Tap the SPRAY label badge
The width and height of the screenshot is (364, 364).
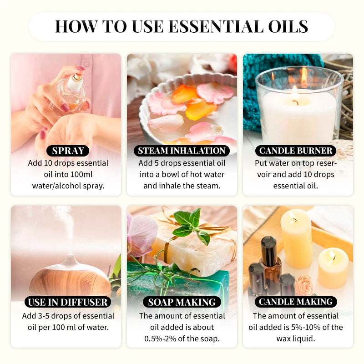click(x=67, y=151)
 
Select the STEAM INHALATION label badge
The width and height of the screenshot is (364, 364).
click(x=182, y=151)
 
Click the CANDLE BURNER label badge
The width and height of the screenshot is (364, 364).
click(x=297, y=151)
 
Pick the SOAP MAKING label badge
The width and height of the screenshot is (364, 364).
click(x=182, y=302)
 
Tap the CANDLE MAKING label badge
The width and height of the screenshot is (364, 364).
click(x=296, y=302)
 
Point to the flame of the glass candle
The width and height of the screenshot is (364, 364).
click(x=295, y=88)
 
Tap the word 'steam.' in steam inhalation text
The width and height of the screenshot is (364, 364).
click(x=208, y=186)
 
